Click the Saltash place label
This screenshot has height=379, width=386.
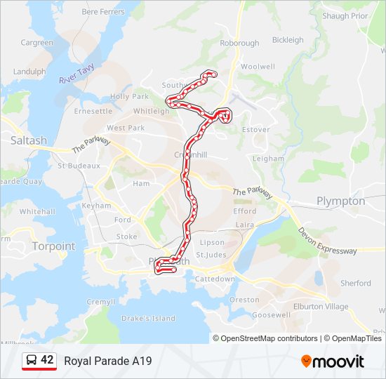click(29, 140)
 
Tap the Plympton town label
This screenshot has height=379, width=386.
click(340, 201)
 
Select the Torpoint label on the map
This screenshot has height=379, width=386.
click(52, 246)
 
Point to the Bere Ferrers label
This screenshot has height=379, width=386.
click(103, 12)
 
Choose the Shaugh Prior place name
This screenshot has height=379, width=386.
click(345, 15)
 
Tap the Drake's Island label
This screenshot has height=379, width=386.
click(148, 318)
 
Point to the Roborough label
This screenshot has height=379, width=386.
click(239, 43)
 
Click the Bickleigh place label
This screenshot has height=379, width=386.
click(288, 40)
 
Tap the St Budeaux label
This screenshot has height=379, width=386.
click(79, 166)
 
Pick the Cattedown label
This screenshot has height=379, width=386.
click(215, 279)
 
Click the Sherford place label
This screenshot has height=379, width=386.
click(355, 283)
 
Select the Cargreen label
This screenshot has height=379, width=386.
click(36, 43)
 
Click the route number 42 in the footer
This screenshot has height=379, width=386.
click(47, 360)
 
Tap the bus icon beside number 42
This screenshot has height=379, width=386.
click(32, 361)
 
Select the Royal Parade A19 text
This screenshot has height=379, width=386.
click(108, 361)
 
